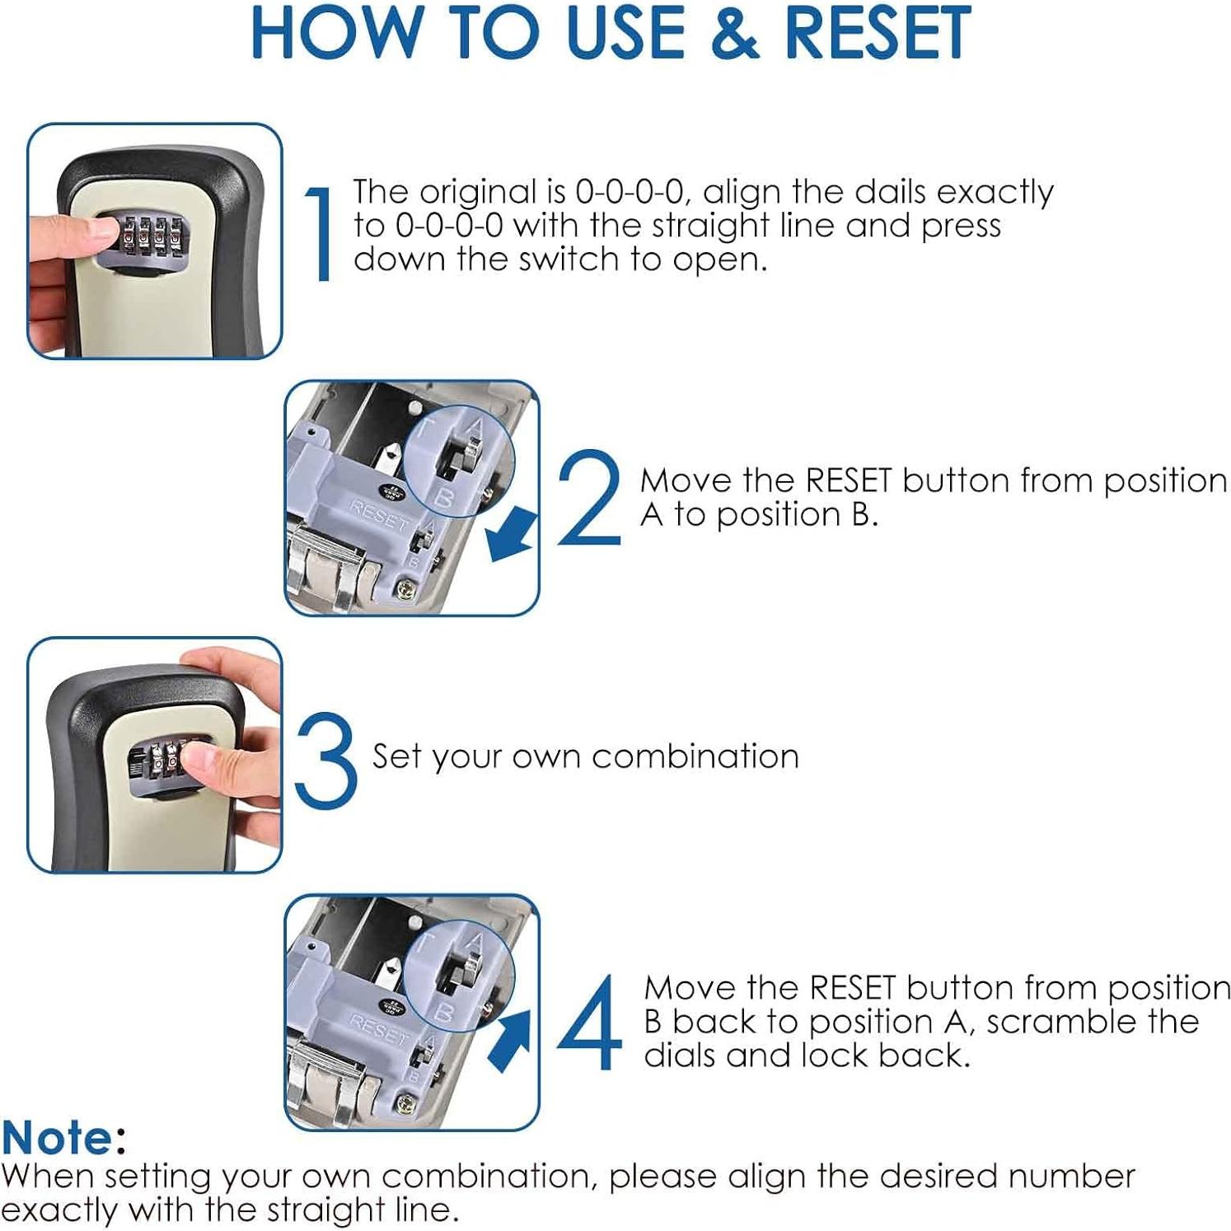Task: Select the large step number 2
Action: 589,497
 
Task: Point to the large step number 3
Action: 326,760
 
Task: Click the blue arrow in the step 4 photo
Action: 511,1041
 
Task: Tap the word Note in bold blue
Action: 57,1138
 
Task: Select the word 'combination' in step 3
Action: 695,756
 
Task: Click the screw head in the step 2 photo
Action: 406,590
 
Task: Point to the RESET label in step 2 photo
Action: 379,516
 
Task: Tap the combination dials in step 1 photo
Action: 151,235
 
